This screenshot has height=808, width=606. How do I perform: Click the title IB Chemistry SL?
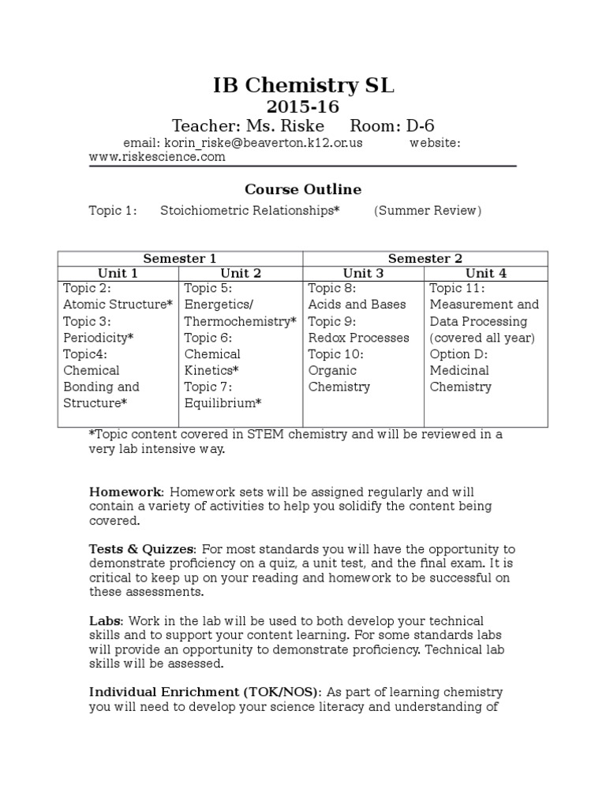pos(303,86)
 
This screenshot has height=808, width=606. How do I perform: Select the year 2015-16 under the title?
pos(303,107)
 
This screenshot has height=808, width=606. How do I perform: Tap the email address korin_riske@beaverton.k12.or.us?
pos(263,143)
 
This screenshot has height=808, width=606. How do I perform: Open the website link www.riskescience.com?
pos(156,157)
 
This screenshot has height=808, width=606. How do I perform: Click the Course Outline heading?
pos(303,189)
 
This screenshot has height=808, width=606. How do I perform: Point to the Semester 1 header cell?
pos(180,258)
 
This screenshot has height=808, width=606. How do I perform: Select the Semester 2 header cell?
pos(425,258)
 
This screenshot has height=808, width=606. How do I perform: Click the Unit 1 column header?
pos(118,273)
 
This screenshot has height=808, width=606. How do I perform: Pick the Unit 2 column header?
pos(241,273)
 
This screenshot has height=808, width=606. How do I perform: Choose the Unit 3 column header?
pos(364,273)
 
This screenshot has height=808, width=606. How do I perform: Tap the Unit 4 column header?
pos(485,273)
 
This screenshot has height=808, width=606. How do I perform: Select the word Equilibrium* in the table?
pos(223,403)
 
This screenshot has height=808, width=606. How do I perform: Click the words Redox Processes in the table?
pos(358,338)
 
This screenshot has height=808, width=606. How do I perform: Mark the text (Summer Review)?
pos(427,211)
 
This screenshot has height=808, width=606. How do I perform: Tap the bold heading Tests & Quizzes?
pos(140,548)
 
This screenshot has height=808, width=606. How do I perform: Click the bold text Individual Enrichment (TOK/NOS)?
pos(204,692)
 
